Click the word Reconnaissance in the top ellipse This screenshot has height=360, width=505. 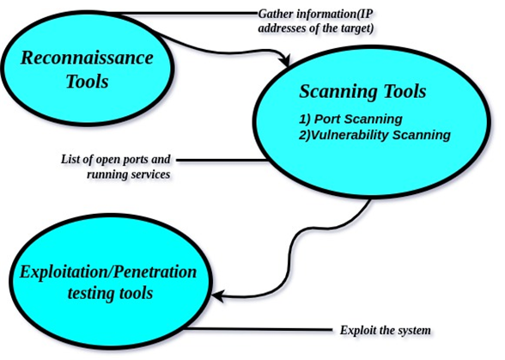click(86, 58)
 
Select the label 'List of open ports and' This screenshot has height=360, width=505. click(116, 159)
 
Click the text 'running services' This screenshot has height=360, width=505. click(129, 174)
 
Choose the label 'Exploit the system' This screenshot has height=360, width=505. click(384, 329)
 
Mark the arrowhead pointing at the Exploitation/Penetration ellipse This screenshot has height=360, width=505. click(218, 297)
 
